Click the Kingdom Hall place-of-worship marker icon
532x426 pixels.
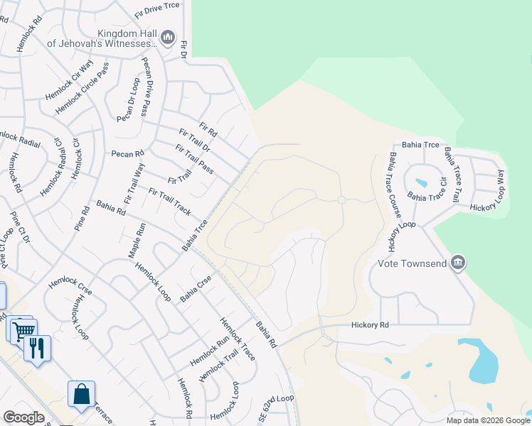168,36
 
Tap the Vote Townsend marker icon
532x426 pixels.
458,263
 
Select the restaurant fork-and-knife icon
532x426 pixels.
37,348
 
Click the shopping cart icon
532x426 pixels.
23,329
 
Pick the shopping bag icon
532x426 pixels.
81,394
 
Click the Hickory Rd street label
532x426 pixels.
370,324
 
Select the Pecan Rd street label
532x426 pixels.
127,153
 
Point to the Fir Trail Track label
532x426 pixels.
170,202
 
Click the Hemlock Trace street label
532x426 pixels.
238,339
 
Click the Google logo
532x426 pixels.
23,417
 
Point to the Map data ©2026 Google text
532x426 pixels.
487,420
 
